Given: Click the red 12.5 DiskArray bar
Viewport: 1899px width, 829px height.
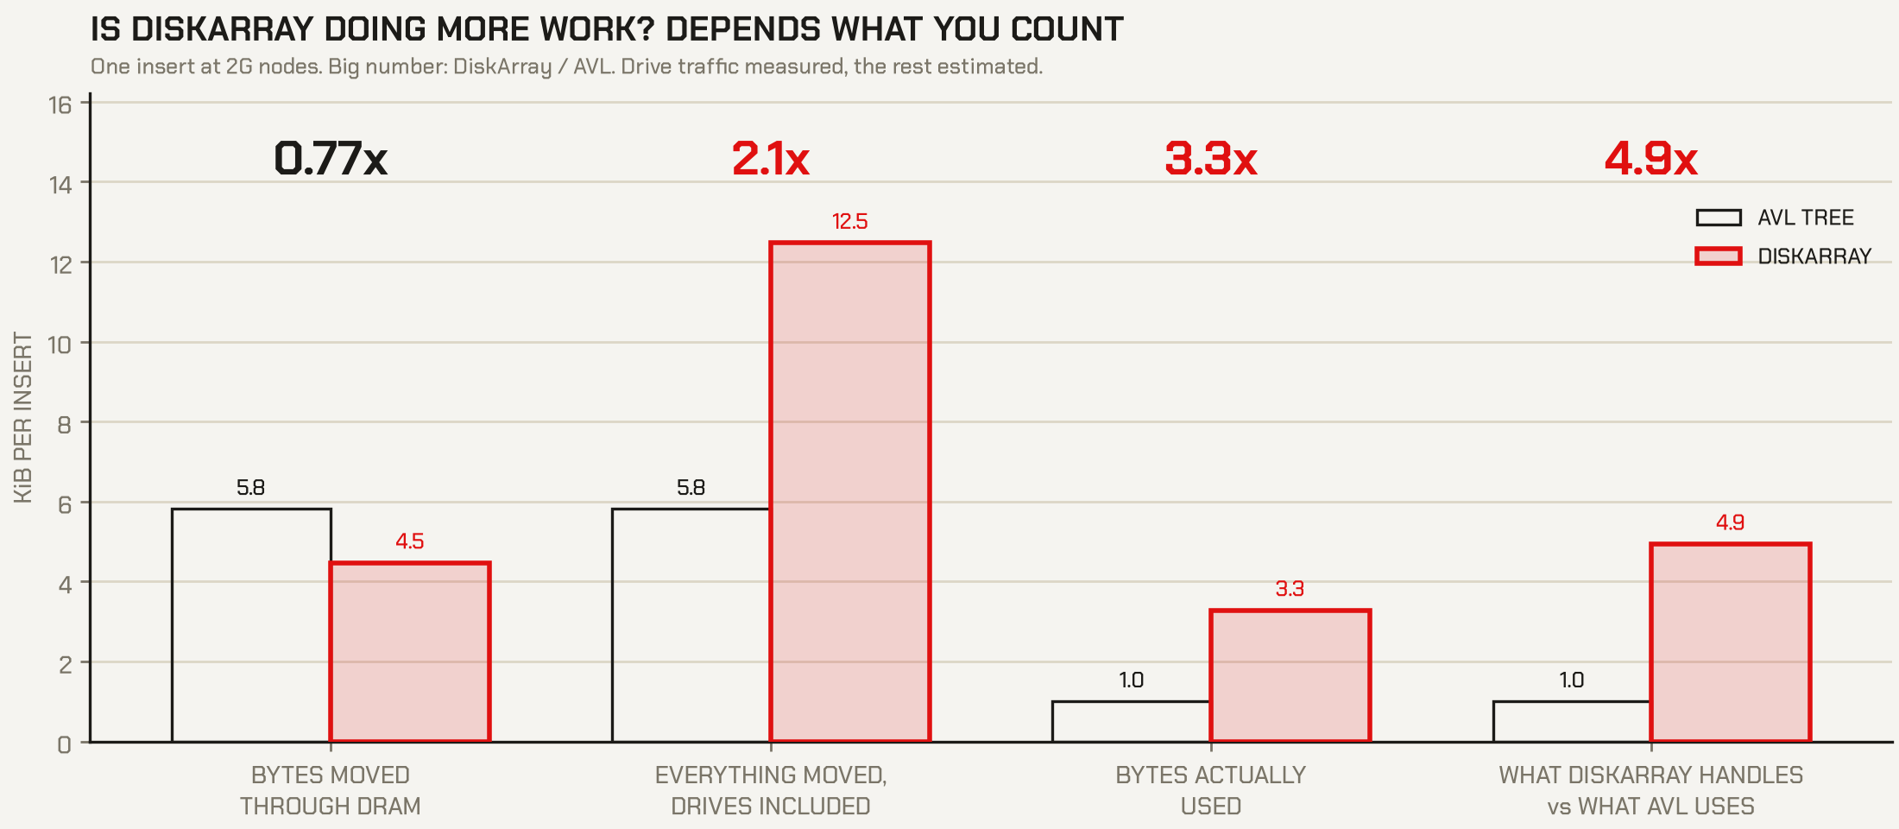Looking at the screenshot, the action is pos(849,491).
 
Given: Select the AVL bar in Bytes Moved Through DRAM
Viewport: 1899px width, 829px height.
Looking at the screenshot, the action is pos(251,625).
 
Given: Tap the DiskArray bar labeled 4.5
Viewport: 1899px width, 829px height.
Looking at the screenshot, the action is pos(410,652).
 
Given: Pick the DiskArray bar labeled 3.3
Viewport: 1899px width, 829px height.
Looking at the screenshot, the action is pos(1290,676).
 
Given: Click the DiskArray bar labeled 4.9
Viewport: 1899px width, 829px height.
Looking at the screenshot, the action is pos(1730,642).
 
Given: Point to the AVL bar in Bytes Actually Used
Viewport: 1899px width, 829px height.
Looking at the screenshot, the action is pos(1131,722).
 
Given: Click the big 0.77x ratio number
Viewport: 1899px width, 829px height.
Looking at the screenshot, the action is pos(331,159).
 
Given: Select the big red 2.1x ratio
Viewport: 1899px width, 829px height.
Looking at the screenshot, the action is pos(771,159).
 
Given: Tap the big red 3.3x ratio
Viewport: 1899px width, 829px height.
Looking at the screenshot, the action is pos(1211,159).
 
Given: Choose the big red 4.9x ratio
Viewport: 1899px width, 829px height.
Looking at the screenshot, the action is pos(1651,159).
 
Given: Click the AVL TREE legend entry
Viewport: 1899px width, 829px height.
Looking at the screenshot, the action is pos(1775,218).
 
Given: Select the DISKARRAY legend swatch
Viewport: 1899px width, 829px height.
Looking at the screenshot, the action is pos(1719,256).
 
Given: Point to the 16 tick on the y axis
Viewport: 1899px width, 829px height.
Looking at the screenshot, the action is pos(60,105).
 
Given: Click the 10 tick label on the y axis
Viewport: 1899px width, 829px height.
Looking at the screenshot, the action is pos(60,345).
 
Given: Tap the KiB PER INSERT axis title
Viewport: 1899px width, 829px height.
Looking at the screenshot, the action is pos(23,418).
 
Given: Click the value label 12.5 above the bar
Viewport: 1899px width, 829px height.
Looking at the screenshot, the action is pos(849,222).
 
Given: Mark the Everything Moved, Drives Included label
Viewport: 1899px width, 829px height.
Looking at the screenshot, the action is pos(771,790).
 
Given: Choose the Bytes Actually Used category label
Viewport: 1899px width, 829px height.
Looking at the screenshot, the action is pos(1211,790).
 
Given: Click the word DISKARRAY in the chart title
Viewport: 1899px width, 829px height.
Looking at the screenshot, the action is pos(223,29).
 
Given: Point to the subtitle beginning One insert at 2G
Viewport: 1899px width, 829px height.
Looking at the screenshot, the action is pos(566,66).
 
